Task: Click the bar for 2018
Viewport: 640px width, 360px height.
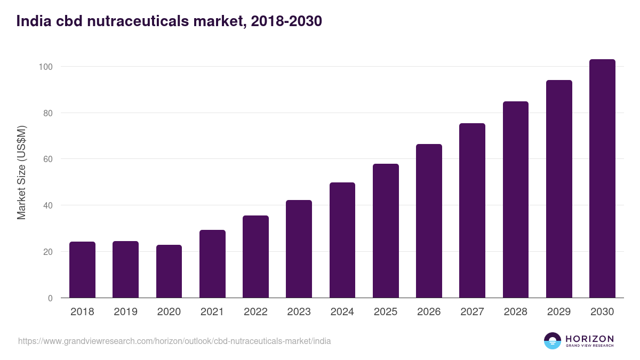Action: [x=82, y=270]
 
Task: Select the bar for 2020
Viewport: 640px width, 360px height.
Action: [x=169, y=271]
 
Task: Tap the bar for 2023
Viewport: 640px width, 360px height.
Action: [x=299, y=249]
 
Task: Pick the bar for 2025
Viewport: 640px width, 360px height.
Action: [x=386, y=231]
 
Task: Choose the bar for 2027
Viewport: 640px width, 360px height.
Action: [x=472, y=211]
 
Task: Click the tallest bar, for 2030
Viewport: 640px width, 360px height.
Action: [x=602, y=179]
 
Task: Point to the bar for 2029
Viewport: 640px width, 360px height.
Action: [x=559, y=189]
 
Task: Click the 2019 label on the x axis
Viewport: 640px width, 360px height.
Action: [x=125, y=312]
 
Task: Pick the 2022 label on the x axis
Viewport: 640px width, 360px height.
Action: [x=255, y=312]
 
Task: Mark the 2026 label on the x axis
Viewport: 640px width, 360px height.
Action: [x=429, y=312]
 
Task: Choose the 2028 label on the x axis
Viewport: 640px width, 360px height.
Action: [x=516, y=312]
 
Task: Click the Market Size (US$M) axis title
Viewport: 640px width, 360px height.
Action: [x=21, y=173]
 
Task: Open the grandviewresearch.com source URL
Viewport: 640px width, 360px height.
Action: [x=174, y=341]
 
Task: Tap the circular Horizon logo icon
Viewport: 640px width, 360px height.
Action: [x=553, y=341]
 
